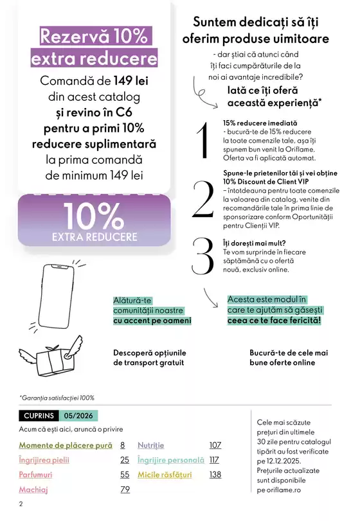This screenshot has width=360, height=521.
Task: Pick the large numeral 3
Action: [203, 256]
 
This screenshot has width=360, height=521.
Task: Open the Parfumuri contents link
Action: [35, 475]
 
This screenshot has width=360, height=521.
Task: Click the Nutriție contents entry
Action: [151, 445]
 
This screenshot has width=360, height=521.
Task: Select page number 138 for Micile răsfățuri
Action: [215, 475]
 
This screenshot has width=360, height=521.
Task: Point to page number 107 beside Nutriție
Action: [215, 445]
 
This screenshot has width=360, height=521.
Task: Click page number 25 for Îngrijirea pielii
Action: [125, 460]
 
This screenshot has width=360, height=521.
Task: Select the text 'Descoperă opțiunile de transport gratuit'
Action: [148, 358]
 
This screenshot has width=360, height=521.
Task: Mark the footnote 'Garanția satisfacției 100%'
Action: [57, 398]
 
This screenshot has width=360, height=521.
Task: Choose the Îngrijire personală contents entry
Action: [170, 460]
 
